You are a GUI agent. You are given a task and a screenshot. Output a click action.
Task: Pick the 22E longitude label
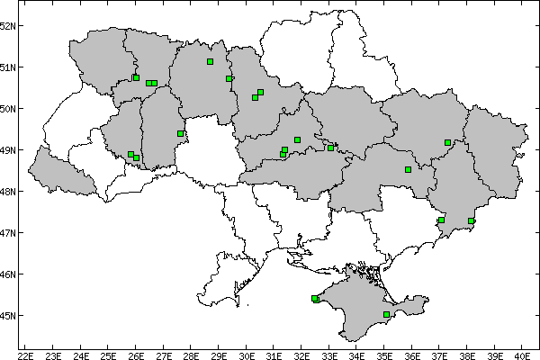(25, 354)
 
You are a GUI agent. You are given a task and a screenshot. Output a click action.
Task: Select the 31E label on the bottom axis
(274, 354)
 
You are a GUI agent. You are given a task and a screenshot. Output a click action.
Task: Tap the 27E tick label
(163, 354)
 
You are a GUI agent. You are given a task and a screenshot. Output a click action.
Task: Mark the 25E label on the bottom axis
(108, 354)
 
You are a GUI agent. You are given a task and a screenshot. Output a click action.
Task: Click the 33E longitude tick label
(328, 354)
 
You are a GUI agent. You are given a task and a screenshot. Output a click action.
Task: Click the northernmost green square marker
(210, 62)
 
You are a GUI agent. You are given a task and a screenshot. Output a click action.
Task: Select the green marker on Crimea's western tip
(314, 299)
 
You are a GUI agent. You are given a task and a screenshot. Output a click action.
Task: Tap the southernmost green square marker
(386, 315)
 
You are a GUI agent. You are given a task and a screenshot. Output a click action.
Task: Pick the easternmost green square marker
(471, 221)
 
